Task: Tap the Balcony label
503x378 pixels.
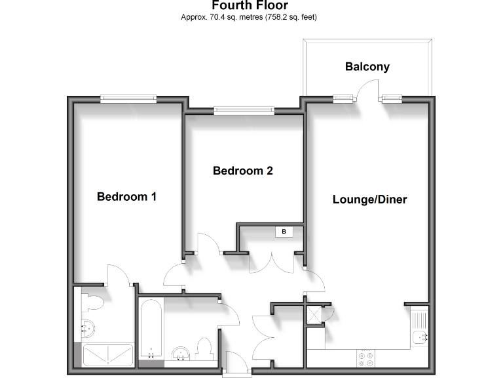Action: [367, 66]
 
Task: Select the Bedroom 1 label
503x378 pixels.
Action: [126, 196]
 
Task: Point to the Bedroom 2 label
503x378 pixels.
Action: [243, 171]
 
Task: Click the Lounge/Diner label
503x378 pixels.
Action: [369, 199]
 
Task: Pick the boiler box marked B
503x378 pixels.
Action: [284, 232]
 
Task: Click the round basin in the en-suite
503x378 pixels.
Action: [88, 328]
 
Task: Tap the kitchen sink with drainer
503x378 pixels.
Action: [419, 329]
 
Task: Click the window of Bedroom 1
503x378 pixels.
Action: [128, 99]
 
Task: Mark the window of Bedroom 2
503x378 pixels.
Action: [244, 110]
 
